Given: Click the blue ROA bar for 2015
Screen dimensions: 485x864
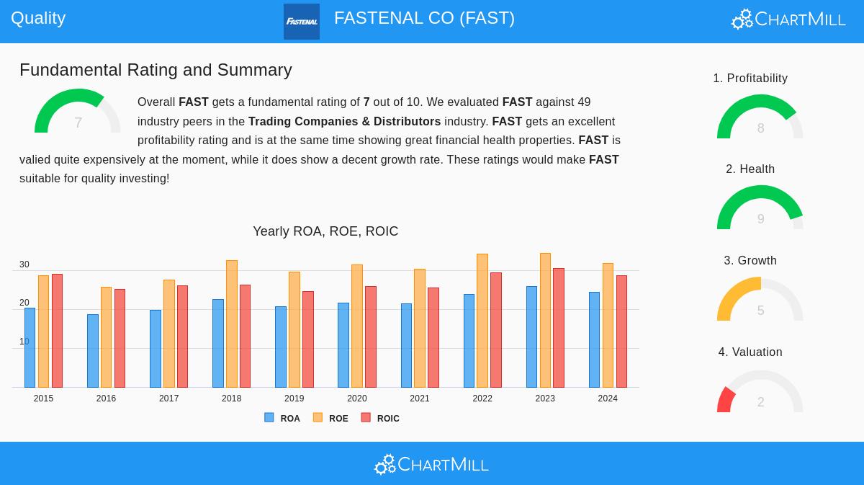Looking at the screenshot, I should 30,347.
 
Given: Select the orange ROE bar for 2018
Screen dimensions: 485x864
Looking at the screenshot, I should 231,324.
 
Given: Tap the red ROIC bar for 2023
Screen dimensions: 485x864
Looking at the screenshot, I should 559,328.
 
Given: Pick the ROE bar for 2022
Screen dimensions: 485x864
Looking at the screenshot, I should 482,321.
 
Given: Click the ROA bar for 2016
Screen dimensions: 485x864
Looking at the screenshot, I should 92,351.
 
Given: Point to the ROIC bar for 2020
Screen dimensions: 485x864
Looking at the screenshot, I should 371,337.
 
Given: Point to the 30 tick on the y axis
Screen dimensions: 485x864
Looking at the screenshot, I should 24,264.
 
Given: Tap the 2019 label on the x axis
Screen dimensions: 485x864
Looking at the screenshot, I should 294,399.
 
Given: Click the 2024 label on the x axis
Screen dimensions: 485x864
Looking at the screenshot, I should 608,399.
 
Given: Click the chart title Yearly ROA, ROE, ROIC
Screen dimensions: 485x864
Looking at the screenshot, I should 325,231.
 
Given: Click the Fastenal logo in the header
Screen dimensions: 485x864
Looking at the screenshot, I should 302,22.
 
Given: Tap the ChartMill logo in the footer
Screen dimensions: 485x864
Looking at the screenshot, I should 431,465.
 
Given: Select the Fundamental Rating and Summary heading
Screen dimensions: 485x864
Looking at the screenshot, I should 156,70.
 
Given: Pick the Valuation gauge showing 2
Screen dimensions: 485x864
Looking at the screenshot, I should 760,393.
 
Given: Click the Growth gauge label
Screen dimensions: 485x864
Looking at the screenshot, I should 750,260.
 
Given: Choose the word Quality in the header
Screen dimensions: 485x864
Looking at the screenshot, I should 38,18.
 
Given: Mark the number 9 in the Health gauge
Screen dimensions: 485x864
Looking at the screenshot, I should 760,219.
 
